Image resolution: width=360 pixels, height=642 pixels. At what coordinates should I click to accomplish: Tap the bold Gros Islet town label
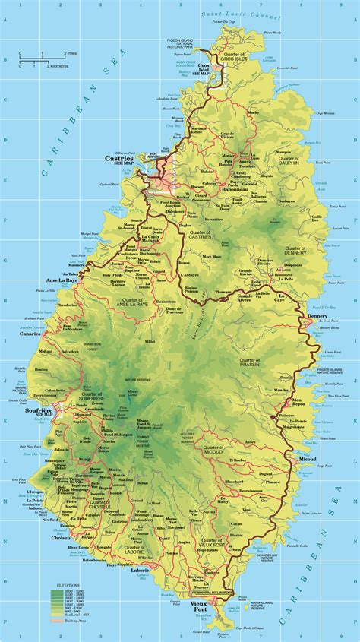point(203,64)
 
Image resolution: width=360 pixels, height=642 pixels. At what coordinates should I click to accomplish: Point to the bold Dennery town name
point(317,314)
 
